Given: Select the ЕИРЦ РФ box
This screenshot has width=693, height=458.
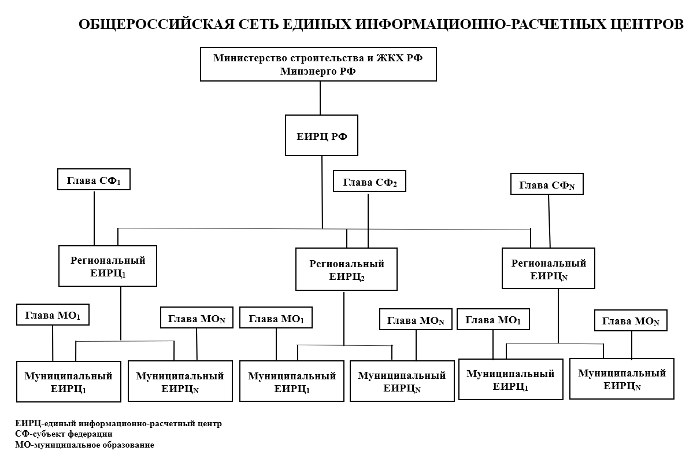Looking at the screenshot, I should coord(321,135).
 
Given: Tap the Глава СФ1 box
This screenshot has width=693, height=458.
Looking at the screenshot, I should coord(94,179).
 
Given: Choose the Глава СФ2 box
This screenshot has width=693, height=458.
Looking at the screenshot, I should coord(369,181).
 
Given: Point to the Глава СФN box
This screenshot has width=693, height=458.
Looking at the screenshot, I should coord(547,184).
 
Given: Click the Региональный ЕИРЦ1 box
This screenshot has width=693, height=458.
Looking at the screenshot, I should coord(108,266).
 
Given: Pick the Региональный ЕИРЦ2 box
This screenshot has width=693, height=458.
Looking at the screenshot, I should coord(346,269).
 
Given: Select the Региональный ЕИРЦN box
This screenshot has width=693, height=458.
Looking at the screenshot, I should coord(548,268).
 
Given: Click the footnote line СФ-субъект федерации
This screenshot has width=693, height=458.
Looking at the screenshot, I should coord(64,434).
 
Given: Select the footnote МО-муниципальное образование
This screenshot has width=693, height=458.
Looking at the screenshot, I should coord(85,444).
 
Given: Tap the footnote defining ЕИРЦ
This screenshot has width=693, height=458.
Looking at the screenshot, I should coord(118,423).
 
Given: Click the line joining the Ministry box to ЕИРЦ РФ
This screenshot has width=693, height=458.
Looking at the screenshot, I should coord(320,98).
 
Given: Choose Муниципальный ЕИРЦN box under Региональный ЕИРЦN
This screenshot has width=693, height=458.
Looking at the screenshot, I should coord(621,379).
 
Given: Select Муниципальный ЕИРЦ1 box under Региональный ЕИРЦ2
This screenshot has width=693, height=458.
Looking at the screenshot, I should coord(291,381).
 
